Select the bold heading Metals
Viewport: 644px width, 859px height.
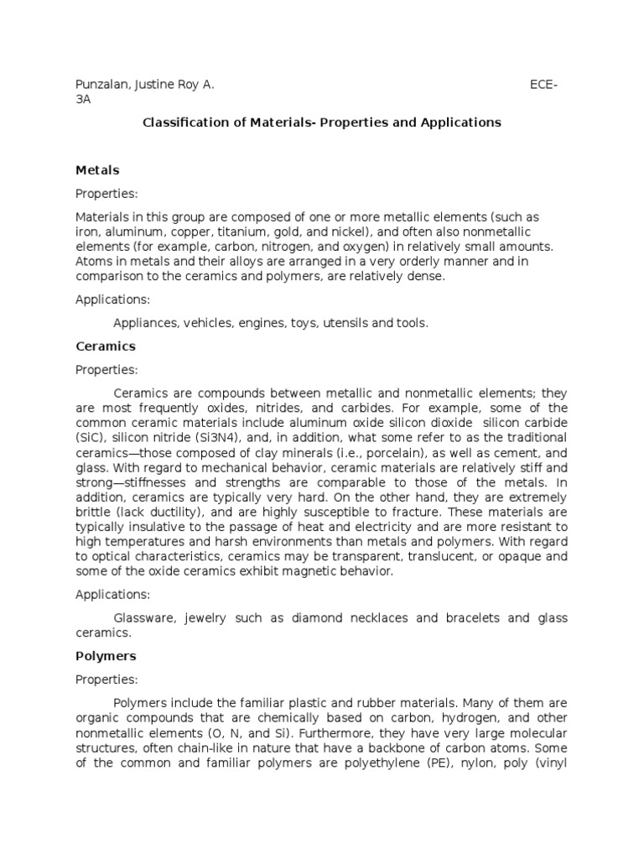tap(97, 170)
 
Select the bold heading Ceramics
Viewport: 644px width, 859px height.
tap(106, 346)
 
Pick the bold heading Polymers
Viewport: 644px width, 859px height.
tap(106, 655)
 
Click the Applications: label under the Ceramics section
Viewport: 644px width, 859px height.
tap(113, 594)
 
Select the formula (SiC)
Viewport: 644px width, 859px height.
tap(91, 439)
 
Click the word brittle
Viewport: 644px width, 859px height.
tap(95, 511)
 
